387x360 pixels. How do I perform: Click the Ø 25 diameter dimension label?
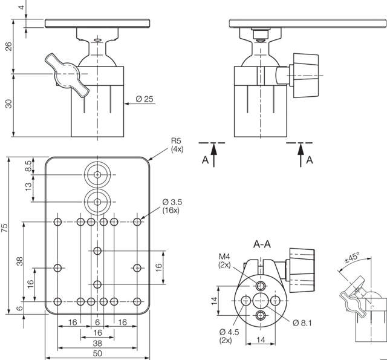(x=144, y=99)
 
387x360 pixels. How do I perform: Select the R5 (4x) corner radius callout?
(x=177, y=145)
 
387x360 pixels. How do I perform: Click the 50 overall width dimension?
(x=97, y=353)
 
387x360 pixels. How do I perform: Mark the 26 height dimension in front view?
(x=8, y=47)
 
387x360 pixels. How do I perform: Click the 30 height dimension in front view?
(x=8, y=103)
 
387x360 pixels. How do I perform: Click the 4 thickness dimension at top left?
(x=21, y=8)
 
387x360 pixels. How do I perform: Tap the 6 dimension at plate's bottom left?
(x=21, y=309)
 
